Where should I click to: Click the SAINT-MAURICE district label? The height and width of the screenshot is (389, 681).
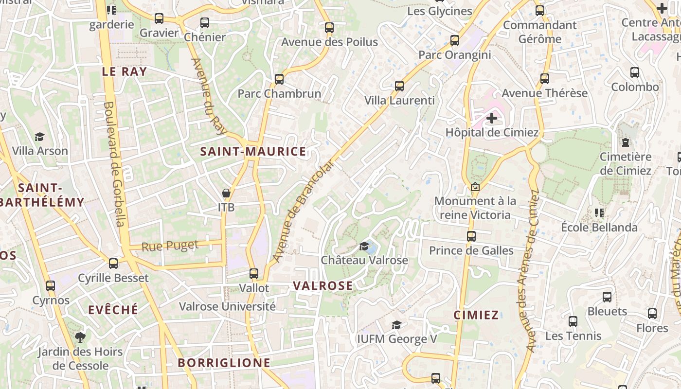pos(253,152)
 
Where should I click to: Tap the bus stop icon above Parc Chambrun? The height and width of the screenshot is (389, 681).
pos(279,79)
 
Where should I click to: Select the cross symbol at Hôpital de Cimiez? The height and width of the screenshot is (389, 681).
pos(492,118)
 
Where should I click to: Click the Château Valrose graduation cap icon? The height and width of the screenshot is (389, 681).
pos(364,247)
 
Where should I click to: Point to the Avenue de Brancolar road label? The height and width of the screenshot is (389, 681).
pos(303,212)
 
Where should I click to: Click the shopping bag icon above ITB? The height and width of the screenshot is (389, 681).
pos(226,194)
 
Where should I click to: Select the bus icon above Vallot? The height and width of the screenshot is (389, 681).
pos(253,274)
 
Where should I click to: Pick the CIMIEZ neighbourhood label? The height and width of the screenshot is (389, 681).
pos(476,315)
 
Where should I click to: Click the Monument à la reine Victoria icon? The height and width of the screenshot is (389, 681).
pos(475,187)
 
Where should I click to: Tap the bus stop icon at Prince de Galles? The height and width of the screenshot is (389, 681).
pos(471,236)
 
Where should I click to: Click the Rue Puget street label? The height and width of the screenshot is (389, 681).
pos(170,246)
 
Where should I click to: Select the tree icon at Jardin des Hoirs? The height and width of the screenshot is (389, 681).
pos(80,337)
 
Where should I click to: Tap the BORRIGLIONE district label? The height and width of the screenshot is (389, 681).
pos(224,363)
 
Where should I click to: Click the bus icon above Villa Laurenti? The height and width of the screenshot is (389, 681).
pos(399,86)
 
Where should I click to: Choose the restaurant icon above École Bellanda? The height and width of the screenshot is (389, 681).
pos(599,213)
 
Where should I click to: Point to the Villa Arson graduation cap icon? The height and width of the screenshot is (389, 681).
pos(40,137)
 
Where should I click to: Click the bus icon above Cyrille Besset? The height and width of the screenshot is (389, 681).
pos(113,264)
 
